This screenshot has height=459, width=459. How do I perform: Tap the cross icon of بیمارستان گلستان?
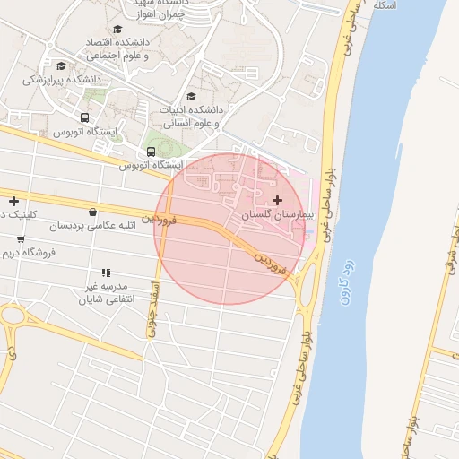[x=276, y=199]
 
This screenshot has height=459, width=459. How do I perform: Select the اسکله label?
[x=384, y=5]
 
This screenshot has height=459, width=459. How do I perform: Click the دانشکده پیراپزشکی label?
[x=63, y=79]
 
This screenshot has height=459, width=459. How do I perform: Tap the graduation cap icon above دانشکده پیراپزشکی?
[x=61, y=65]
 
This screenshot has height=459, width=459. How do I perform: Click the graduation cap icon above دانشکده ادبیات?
[x=190, y=97]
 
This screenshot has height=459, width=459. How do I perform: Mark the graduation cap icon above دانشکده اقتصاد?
[x=117, y=30]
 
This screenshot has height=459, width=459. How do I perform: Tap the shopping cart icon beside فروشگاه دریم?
[x=21, y=239]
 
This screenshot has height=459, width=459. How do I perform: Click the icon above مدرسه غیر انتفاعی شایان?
[x=106, y=273]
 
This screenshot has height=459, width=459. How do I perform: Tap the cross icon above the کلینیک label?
[x=13, y=201]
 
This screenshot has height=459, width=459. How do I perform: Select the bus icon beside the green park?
[x=151, y=152]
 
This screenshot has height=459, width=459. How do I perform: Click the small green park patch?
[x=163, y=143]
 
